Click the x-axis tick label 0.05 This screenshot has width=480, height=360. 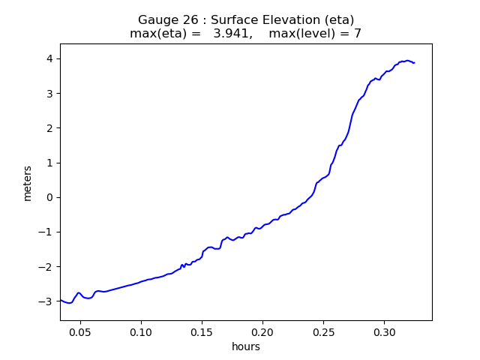[x=80, y=331]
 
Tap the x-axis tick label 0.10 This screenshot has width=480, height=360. [x=141, y=331]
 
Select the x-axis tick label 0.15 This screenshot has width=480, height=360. [x=202, y=331]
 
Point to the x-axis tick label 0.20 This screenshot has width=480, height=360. [x=262, y=331]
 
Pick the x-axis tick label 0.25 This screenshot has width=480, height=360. [x=323, y=331]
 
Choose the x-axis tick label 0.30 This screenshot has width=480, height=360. [x=384, y=331]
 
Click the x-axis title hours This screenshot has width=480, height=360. [x=246, y=346]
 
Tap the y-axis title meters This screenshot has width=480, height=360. [x=28, y=183]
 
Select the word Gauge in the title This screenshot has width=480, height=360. [x=155, y=20]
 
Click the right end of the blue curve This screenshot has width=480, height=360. [x=414, y=62]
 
